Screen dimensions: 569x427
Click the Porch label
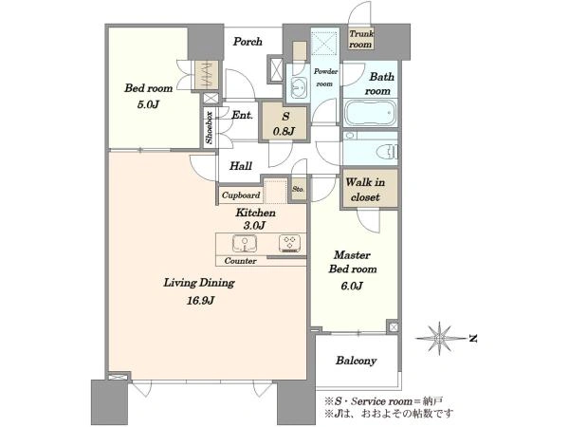248,42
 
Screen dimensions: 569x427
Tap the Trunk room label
361,39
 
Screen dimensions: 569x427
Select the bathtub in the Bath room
370,113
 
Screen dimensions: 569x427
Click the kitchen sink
245,243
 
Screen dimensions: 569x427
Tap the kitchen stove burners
289,244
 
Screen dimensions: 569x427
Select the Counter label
240,261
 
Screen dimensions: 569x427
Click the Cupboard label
241,195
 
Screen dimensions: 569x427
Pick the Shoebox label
209,127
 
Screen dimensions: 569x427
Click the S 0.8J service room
284,122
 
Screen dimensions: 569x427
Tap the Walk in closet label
365,190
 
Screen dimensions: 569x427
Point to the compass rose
440,339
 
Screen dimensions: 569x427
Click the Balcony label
356,361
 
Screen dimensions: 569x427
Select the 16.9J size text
200,301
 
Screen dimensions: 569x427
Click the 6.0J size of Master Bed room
351,287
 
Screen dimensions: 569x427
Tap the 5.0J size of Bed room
148,105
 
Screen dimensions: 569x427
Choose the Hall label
241,166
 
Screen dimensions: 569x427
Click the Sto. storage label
299,189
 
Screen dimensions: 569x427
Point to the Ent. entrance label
242,116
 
